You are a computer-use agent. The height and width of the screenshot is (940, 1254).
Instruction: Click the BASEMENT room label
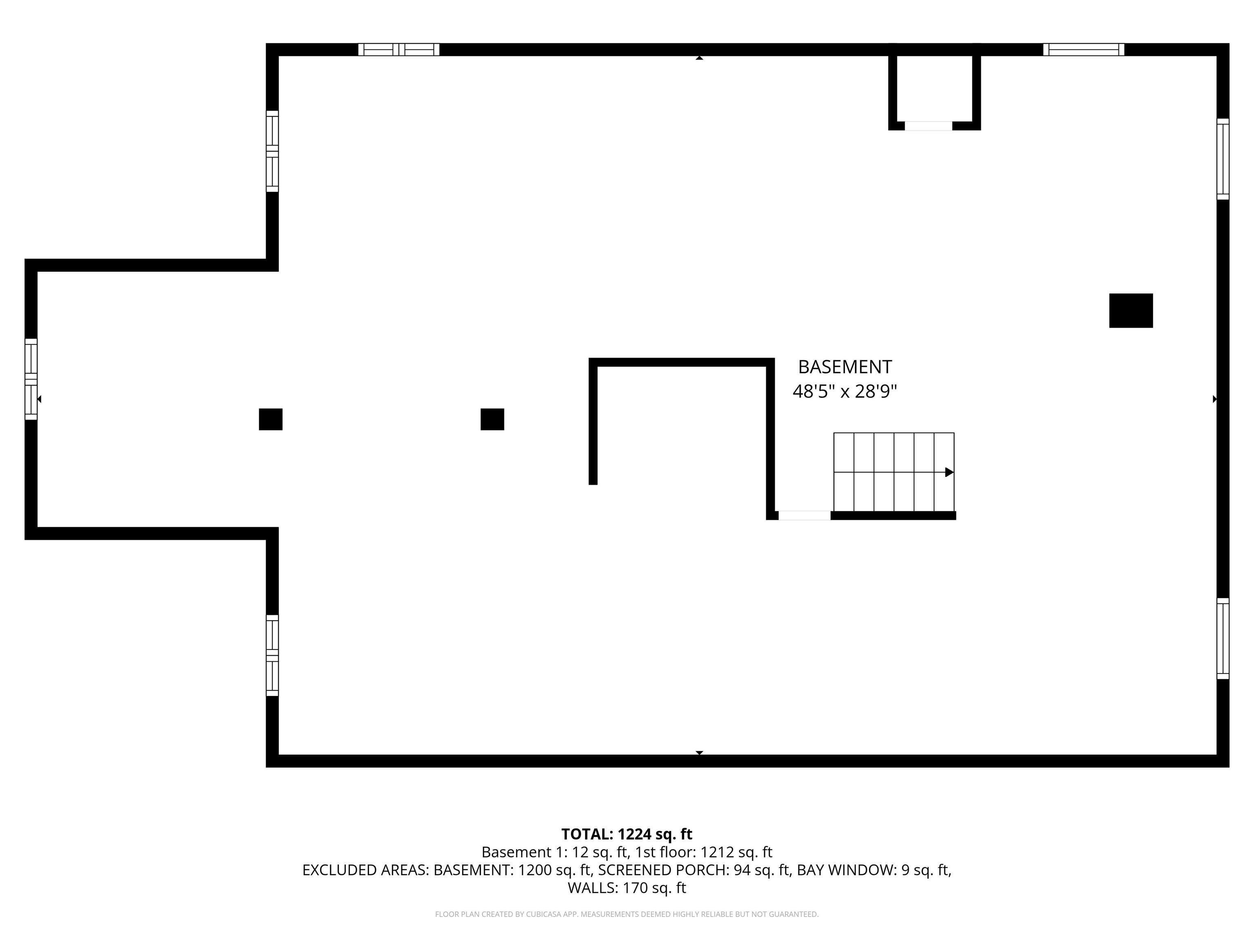click(x=845, y=367)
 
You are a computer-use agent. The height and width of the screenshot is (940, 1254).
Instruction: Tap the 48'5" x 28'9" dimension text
click(x=845, y=392)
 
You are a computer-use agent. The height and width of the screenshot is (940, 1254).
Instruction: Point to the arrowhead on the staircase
click(x=949, y=472)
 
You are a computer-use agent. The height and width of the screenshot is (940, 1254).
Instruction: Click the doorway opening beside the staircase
click(x=804, y=515)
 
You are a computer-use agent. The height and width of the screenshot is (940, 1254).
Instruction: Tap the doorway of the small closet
click(x=928, y=126)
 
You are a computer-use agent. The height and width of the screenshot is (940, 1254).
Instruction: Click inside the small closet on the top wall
click(x=934, y=88)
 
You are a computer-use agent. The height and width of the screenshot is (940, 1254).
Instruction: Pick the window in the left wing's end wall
click(x=31, y=379)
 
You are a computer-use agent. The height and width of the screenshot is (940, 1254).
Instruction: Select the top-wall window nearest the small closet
click(x=1083, y=50)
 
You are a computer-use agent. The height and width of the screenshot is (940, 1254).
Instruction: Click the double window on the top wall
click(x=398, y=50)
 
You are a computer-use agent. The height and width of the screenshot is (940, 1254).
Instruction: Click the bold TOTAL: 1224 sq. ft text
click(x=627, y=834)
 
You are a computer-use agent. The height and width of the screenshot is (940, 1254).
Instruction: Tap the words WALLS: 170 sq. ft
click(x=627, y=888)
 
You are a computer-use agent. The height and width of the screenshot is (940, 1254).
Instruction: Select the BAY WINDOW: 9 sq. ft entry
click(x=874, y=870)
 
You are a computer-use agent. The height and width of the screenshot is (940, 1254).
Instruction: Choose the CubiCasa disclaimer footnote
click(x=627, y=914)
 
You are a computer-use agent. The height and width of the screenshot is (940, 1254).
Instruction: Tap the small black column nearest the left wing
click(x=270, y=419)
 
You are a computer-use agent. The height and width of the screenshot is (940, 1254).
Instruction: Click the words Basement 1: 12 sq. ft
click(x=555, y=852)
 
